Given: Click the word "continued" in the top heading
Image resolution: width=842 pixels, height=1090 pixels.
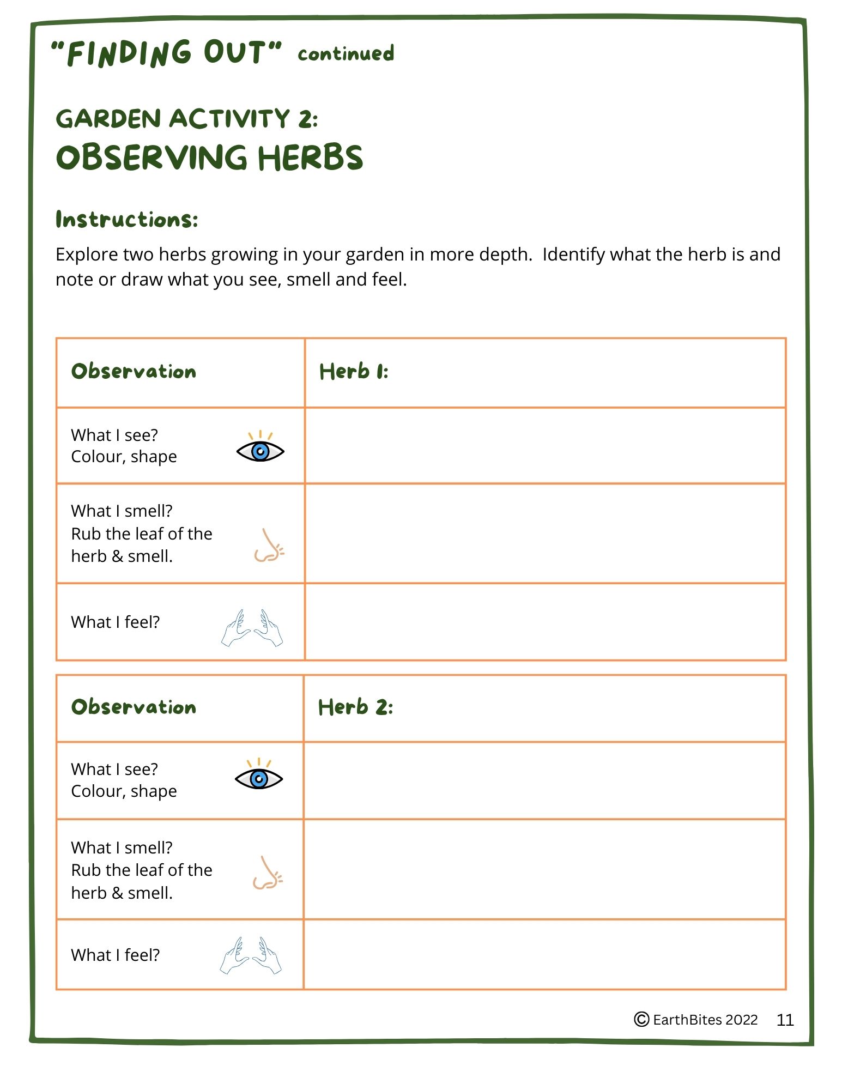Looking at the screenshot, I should click(346, 54).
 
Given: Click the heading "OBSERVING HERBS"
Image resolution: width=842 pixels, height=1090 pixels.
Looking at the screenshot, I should click(209, 158).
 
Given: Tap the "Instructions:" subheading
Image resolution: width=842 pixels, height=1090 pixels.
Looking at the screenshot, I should click(127, 220).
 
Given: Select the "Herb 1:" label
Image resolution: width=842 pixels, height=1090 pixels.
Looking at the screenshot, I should click(354, 372).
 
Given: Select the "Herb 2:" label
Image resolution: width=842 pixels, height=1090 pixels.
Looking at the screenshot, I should click(355, 707).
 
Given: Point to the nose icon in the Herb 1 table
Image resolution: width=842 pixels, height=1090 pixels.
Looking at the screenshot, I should click(269, 546).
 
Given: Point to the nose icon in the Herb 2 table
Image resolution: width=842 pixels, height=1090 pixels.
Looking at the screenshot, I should click(267, 873).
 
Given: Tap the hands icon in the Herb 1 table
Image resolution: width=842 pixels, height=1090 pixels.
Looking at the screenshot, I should click(252, 628).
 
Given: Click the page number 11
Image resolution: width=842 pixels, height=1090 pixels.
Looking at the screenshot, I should click(785, 1020).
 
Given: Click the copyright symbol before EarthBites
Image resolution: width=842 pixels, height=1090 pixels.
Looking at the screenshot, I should click(641, 1020).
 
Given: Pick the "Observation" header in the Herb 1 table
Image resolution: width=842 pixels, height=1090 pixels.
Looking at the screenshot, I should click(134, 372).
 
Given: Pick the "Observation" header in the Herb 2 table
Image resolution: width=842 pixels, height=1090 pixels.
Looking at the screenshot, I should click(134, 707).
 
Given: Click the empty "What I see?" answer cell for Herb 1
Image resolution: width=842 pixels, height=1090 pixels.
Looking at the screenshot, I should click(545, 445).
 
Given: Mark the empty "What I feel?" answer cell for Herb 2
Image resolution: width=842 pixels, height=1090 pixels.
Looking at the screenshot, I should click(545, 954).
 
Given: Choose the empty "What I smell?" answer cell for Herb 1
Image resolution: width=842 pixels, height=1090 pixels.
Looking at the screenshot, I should click(545, 533).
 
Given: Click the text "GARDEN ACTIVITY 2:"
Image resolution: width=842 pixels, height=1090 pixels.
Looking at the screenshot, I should click(187, 119).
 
